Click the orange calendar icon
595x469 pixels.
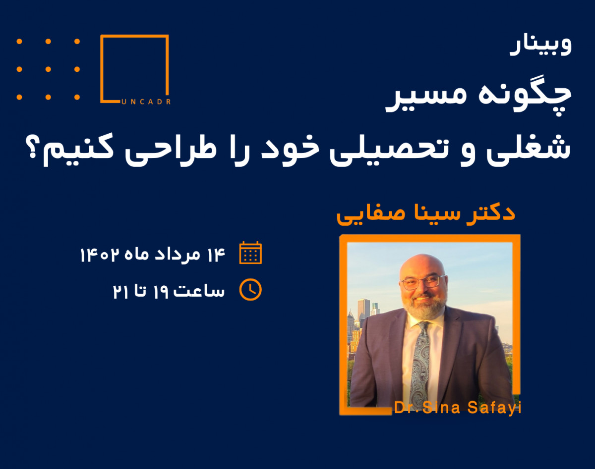coord(250,253)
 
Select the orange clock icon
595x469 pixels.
coord(250,290)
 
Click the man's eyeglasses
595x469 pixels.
coord(422,282)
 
